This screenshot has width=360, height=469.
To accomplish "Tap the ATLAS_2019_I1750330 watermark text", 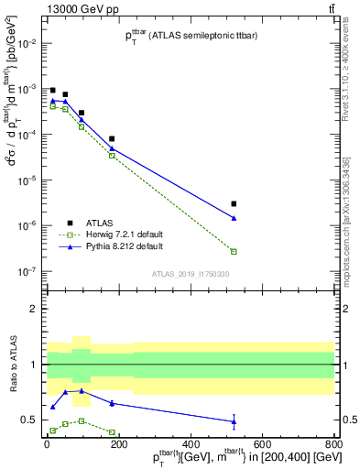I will pyautogui.click(x=191, y=274).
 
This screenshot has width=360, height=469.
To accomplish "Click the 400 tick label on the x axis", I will pyautogui.click(x=190, y=442).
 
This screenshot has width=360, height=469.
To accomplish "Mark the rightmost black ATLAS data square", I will pyautogui.click(x=234, y=203).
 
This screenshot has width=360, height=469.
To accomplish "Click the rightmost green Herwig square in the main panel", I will pyautogui.click(x=234, y=251).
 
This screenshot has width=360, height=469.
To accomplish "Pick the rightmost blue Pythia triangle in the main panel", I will pyautogui.click(x=234, y=218).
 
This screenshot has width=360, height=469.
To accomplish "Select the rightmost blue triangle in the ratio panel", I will pyautogui.click(x=234, y=421).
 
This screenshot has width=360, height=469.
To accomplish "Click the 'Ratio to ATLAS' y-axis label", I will pyautogui.click(x=12, y=364).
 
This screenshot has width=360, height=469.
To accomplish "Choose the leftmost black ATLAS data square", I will pyautogui.click(x=53, y=90).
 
